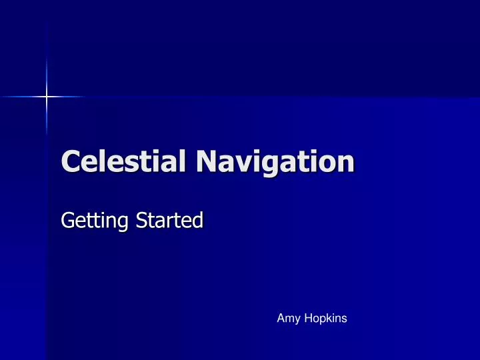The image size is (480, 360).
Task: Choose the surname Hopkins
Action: [x=323, y=319]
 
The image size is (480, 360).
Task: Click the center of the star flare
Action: [x=47, y=97]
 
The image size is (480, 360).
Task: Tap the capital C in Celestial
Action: [x=71, y=162]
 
